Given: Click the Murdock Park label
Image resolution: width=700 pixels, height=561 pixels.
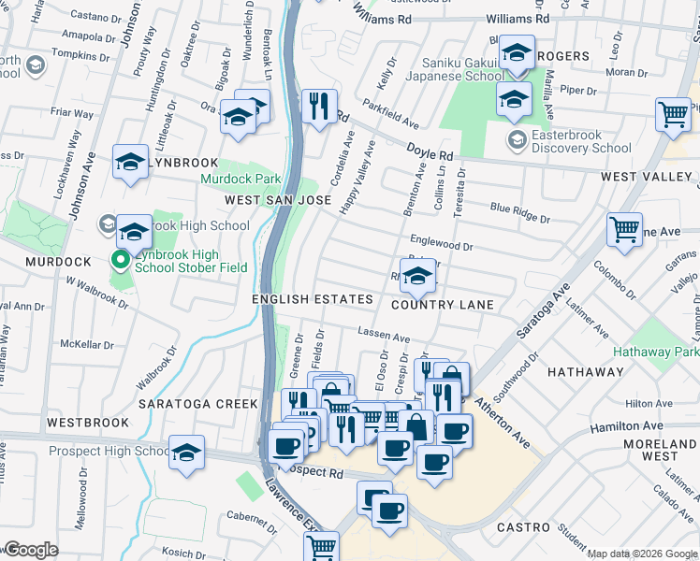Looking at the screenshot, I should (240, 179).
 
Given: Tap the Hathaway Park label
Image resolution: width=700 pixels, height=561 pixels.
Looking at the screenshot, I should (656, 352).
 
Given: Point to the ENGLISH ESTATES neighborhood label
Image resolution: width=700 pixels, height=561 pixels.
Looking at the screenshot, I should (312, 299).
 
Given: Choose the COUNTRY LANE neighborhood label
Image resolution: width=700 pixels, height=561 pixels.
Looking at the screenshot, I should (442, 305).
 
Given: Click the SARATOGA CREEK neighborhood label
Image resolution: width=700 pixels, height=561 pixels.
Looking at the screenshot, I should (197, 404).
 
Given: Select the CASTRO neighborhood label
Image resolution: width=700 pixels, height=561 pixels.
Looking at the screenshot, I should (523, 527).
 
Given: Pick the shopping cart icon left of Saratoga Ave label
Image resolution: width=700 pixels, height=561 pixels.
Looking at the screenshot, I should (624, 228).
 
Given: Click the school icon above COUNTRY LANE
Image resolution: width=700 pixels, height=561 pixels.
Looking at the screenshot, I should (418, 275).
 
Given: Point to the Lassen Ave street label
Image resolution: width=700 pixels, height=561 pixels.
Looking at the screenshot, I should (384, 335).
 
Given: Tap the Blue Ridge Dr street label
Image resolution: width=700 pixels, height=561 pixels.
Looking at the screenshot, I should (519, 213).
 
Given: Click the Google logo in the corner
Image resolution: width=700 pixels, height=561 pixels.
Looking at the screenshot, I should (30, 550).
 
